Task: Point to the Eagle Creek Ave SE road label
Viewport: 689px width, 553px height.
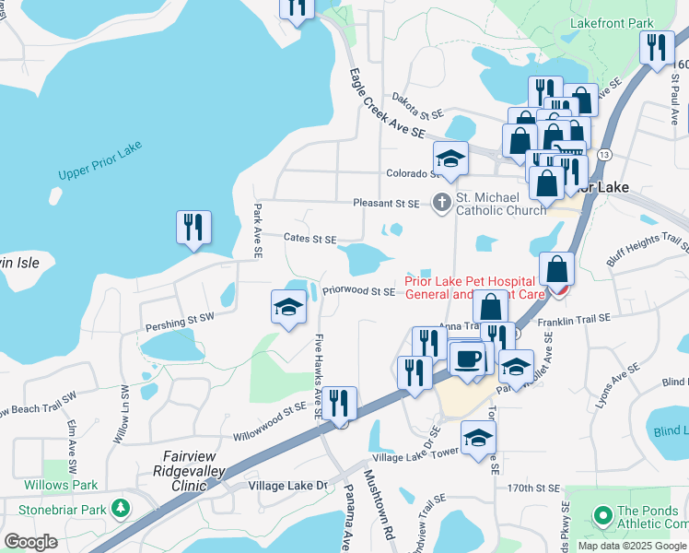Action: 386,103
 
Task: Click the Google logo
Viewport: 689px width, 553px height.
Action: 30,541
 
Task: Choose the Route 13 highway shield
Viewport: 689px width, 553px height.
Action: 604,154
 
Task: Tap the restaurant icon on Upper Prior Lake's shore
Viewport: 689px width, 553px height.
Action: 193,229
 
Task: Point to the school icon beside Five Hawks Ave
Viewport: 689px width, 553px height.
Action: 288,307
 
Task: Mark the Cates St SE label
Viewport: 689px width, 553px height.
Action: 309,239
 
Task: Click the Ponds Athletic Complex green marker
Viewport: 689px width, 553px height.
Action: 602,513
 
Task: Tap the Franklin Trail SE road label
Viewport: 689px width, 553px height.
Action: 574,318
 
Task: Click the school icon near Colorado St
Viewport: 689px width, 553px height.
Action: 450,159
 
